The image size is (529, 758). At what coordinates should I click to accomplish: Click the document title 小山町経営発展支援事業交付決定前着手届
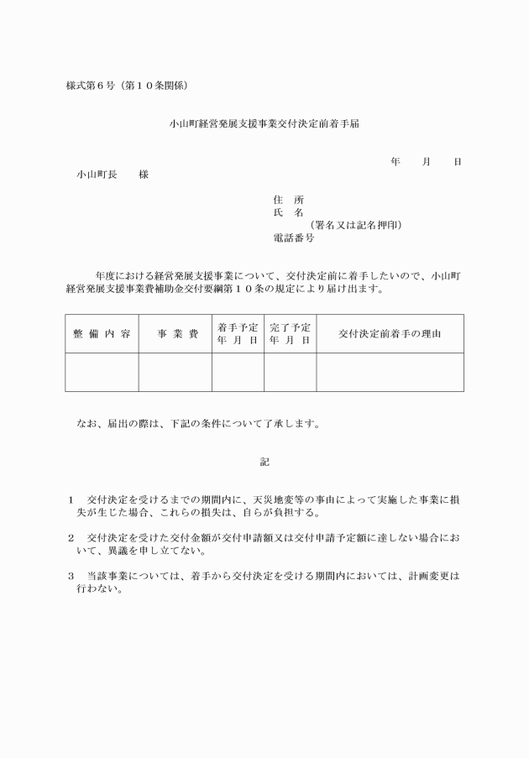pos(264,123)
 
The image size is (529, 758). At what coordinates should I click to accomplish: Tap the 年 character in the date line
pos(395,161)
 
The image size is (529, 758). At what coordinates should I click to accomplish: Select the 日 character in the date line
pos(457,161)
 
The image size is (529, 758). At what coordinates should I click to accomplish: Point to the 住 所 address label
pos(288,200)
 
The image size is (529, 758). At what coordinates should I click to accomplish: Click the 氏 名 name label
pos(288,213)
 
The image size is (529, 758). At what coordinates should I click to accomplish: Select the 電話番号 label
pos(294,238)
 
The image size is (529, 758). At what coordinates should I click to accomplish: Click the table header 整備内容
pos(102,334)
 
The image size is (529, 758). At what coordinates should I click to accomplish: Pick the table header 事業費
pos(175,334)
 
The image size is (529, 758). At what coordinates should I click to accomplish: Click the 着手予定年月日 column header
pos(238,334)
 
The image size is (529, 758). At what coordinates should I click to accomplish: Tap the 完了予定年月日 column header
pos(290,334)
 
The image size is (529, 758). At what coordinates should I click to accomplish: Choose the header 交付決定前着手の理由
pos(390,334)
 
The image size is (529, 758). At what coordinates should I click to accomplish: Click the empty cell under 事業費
pos(175,372)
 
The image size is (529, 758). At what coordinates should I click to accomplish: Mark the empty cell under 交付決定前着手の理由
pos(390,372)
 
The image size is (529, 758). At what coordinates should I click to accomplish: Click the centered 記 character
pos(264,462)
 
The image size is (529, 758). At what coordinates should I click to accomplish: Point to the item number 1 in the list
pos(71,499)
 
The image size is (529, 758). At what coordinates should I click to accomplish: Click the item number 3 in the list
pos(71,577)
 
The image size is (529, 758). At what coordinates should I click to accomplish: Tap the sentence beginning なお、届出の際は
pos(197,424)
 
